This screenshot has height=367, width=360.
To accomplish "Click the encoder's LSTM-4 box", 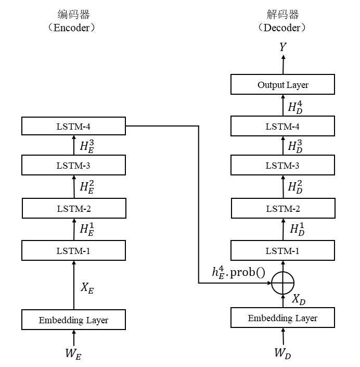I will coord(73,125).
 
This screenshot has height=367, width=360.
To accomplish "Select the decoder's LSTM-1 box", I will coord(282,251).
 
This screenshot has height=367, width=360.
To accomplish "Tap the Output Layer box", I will coord(282,84).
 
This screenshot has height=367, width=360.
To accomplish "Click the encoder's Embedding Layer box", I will coord(73,320).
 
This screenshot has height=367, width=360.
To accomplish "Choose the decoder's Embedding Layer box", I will coord(282,318).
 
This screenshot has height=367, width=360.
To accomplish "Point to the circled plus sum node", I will coord(282,283).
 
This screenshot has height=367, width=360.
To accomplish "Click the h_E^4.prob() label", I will coord(238,272).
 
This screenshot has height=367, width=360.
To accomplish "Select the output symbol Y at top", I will coord(282,47).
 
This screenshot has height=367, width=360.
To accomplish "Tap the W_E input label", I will coord(73,353).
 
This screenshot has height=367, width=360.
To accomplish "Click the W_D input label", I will coord(282,353).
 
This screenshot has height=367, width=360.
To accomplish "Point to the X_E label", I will coord(87,288).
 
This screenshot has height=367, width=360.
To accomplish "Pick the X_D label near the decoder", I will coord(299,299).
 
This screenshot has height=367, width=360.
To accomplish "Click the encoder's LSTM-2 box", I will coord(73,209).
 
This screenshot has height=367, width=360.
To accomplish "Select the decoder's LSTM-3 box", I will coord(282,166).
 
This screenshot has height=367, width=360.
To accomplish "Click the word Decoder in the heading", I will coord(281,28).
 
